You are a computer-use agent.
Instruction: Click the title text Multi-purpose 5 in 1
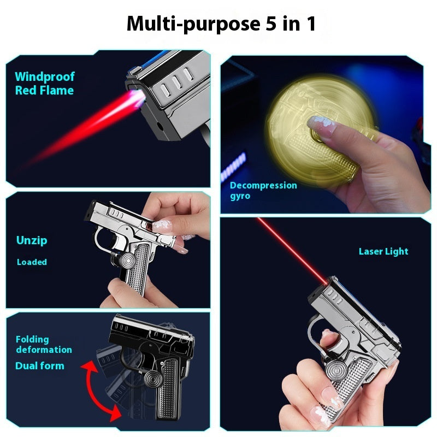pyautogui.click(x=221, y=24)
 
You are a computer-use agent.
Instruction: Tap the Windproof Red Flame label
pyautogui.click(x=44, y=84)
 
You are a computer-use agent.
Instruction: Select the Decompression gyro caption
pyautogui.click(x=263, y=190)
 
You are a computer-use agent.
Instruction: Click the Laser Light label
pyautogui.click(x=383, y=252)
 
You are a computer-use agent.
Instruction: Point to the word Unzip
pyautogui.click(x=32, y=240)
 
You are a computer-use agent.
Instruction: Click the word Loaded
pyautogui.click(x=32, y=262)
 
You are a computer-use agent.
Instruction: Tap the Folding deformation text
pyautogui.click(x=44, y=345)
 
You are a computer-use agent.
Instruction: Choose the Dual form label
pyautogui.click(x=39, y=366)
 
